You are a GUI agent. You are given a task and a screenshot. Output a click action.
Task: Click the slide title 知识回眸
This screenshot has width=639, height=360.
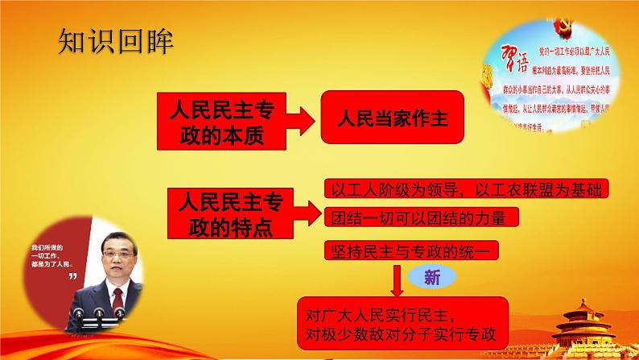point(116,42)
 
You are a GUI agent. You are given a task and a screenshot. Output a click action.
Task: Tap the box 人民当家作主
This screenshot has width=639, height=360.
point(393,117)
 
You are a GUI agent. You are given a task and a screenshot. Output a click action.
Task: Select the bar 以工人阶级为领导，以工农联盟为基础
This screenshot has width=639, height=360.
point(465,190)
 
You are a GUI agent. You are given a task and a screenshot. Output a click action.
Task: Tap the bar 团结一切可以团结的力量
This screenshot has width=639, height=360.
point(423,218)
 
